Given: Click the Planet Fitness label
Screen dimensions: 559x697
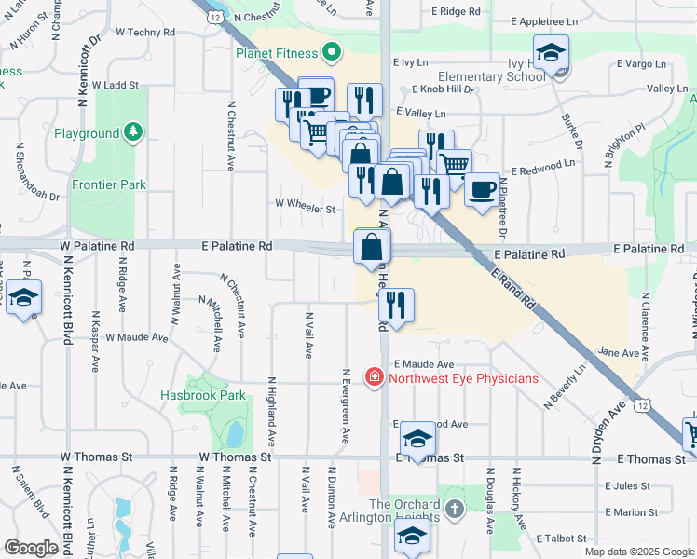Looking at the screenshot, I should [x=276, y=53].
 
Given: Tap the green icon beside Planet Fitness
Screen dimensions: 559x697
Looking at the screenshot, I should [x=329, y=52].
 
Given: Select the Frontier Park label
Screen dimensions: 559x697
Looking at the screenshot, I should [x=109, y=184].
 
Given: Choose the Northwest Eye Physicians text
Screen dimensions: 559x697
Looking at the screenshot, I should [x=464, y=378].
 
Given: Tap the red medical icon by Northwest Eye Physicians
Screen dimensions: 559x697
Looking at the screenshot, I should [x=374, y=377].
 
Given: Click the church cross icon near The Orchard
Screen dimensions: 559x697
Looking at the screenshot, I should [x=454, y=510].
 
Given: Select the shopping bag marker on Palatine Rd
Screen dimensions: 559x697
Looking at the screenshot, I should [x=372, y=249].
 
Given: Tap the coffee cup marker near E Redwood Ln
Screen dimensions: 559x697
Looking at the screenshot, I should [x=482, y=190].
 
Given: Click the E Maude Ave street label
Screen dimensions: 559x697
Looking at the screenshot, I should [x=423, y=364].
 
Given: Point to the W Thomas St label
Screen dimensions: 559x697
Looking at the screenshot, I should [x=235, y=457].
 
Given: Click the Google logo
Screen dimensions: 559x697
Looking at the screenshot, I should [x=31, y=547].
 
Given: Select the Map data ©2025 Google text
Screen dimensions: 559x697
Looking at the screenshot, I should [x=638, y=552].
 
